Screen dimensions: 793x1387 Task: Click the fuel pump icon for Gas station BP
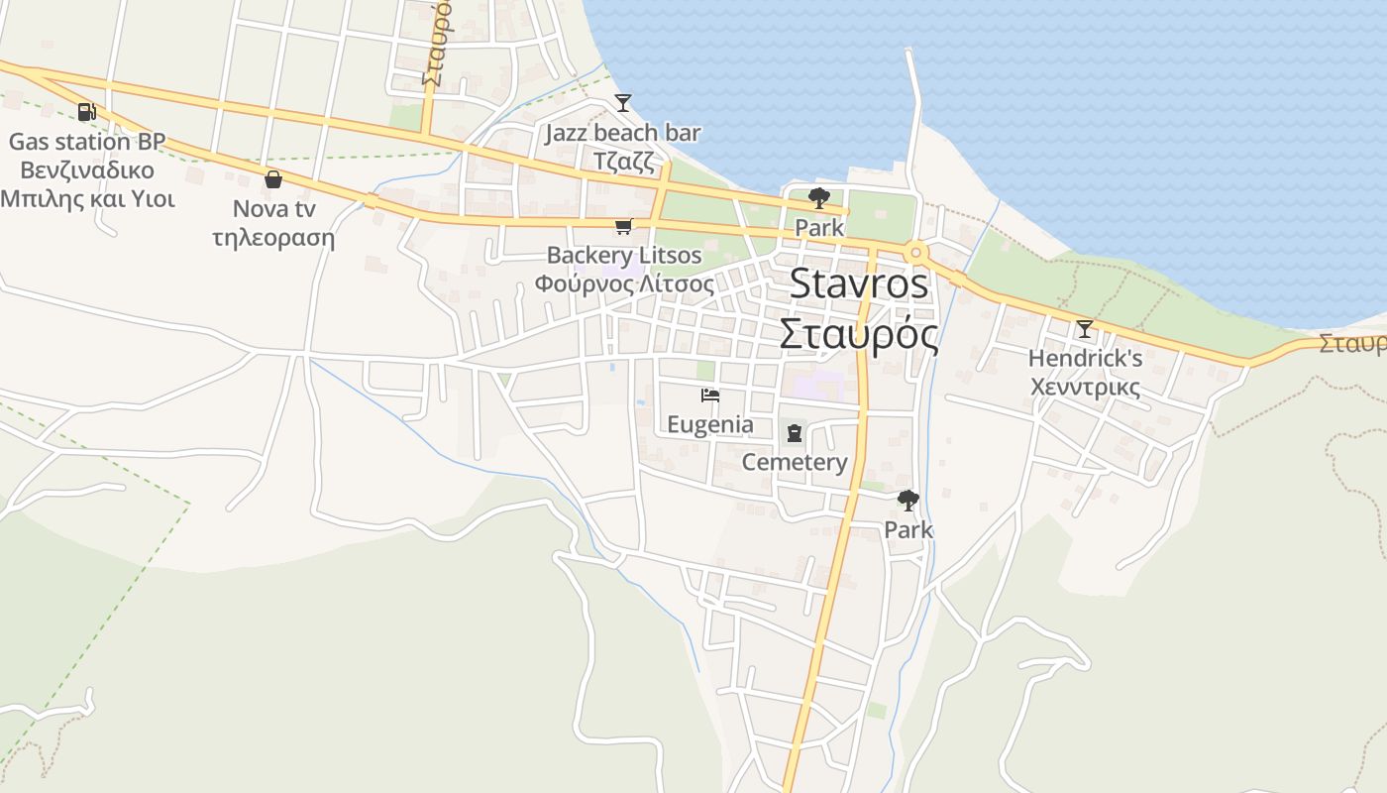click(x=87, y=112)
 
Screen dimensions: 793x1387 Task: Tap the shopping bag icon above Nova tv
click(x=273, y=179)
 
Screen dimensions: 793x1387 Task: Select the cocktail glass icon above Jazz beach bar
click(x=622, y=102)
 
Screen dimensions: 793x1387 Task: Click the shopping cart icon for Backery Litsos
click(x=623, y=227)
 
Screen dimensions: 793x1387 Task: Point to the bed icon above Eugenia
click(x=709, y=396)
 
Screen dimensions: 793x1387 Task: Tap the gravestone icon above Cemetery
click(x=794, y=432)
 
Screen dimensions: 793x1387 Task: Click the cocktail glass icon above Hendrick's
click(x=1085, y=328)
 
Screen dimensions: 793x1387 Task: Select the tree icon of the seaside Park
click(x=818, y=198)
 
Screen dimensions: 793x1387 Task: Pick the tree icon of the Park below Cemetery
click(x=907, y=501)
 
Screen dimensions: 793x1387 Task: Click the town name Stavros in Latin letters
click(x=859, y=284)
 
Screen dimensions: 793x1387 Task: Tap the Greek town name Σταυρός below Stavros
click(x=858, y=335)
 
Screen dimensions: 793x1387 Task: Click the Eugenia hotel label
click(x=709, y=425)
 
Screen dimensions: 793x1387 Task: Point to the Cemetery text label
click(x=795, y=462)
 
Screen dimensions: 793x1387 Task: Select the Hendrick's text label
click(x=1085, y=358)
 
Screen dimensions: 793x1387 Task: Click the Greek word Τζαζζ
click(x=623, y=161)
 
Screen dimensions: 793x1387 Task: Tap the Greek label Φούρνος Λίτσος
click(x=624, y=283)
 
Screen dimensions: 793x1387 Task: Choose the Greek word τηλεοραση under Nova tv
click(x=273, y=239)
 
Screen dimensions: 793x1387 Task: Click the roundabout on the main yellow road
click(x=915, y=253)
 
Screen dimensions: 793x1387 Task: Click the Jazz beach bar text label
click(x=622, y=133)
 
